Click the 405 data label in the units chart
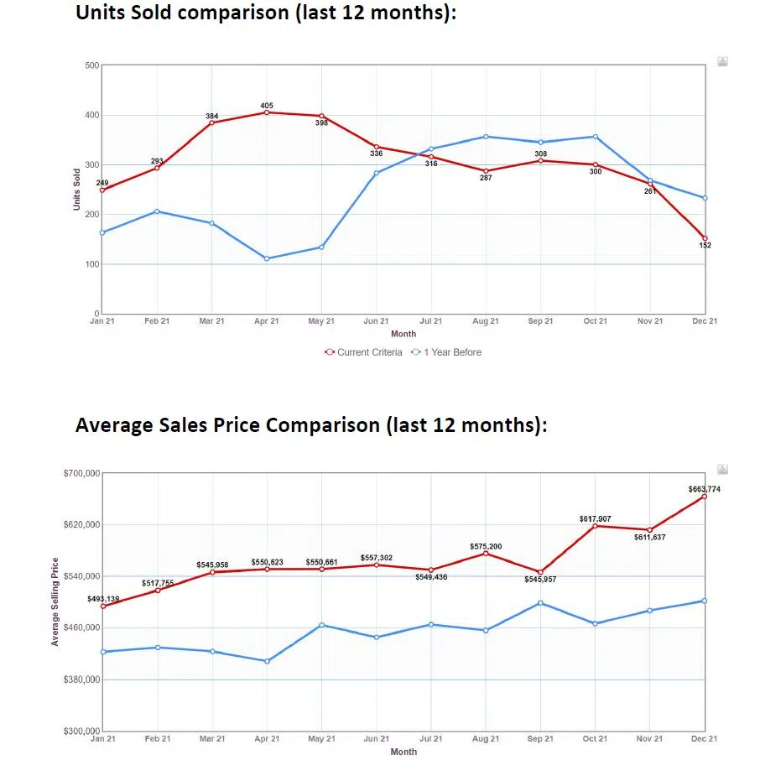(x=267, y=106)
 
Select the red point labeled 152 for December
(x=705, y=238)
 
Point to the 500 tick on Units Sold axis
(x=92, y=65)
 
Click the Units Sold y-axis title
(x=77, y=189)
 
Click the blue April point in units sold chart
(x=267, y=258)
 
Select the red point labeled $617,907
(x=596, y=526)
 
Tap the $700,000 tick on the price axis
(x=81, y=473)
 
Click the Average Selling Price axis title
(x=55, y=601)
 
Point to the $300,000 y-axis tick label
(x=81, y=731)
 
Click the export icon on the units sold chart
(x=722, y=62)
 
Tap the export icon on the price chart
(x=722, y=470)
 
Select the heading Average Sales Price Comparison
(x=310, y=425)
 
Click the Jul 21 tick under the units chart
(x=431, y=321)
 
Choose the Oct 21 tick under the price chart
(x=596, y=739)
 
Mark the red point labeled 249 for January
(x=102, y=190)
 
